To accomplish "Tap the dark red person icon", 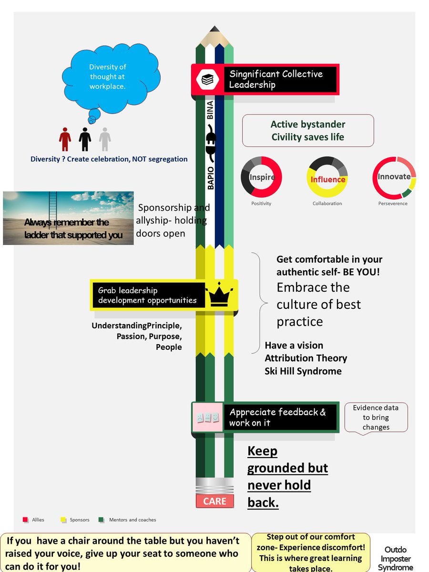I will (65, 139).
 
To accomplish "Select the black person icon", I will (85, 139).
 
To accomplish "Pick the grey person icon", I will (104, 139).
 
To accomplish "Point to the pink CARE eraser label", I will (214, 501).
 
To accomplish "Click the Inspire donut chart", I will (261, 177).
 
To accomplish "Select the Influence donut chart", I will (327, 177).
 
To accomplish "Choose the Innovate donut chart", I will (394, 177).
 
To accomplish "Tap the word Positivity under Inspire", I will (261, 204).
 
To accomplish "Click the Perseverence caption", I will (394, 204).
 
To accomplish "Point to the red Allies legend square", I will (25, 520).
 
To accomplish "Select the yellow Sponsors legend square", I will (63, 520).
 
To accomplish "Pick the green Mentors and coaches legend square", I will (101, 520).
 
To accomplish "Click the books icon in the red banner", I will (207, 79).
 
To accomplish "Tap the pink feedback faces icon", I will (207, 418).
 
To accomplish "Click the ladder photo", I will (68, 218).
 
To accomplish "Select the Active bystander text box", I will (308, 131).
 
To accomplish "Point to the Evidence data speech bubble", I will (376, 417).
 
